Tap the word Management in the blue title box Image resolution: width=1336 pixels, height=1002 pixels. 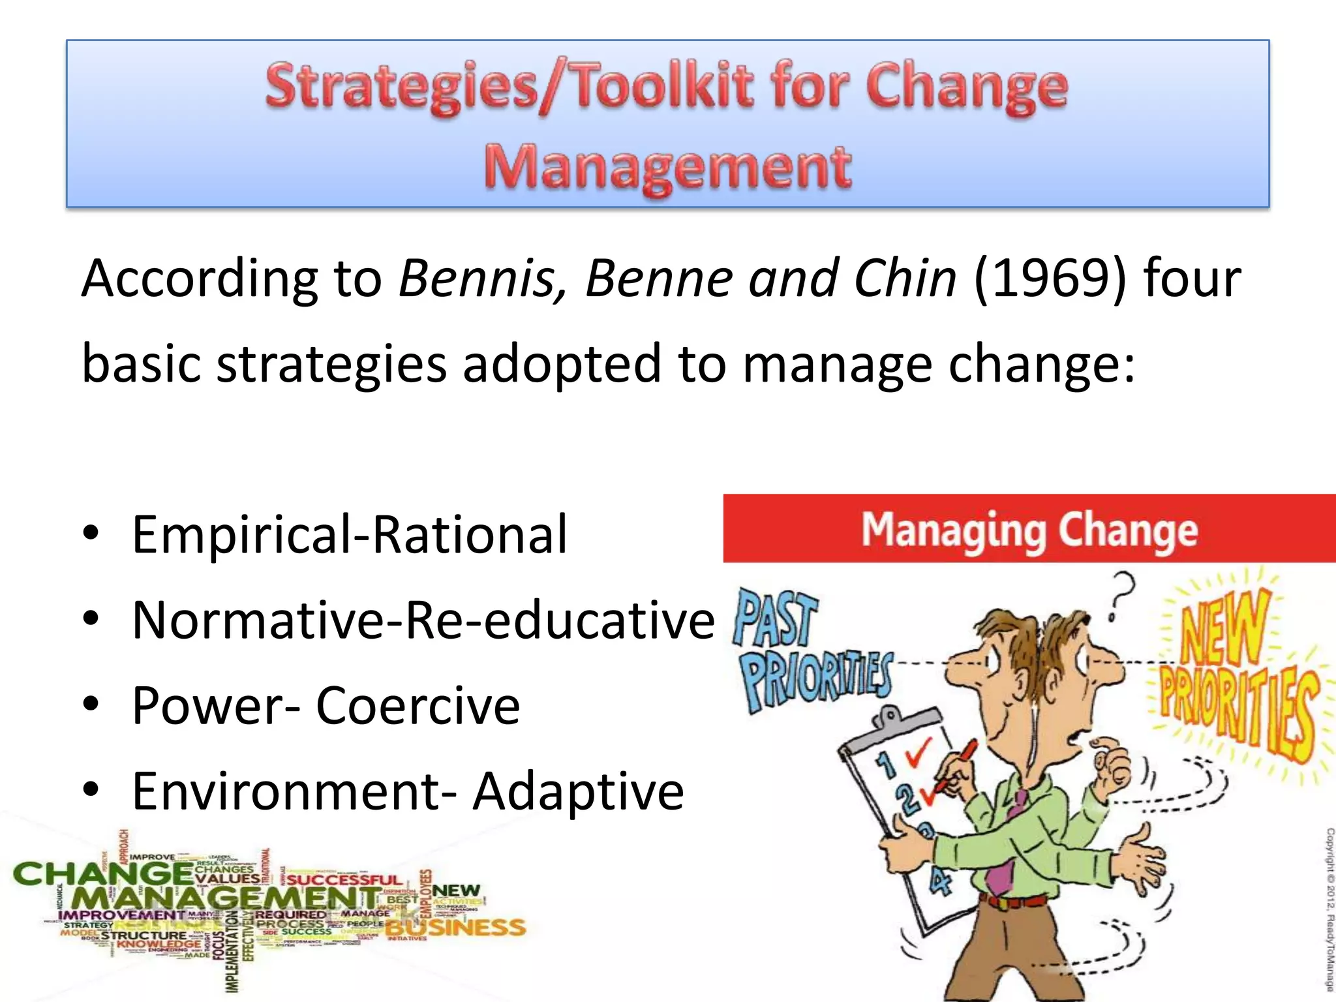667,166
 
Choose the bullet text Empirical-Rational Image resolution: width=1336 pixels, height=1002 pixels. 350,534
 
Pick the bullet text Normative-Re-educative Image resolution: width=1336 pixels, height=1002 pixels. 423,620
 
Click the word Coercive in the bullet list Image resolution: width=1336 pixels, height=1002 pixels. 417,705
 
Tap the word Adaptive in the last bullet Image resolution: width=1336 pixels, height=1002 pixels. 578,791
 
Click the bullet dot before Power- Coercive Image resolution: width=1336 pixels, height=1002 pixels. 91,704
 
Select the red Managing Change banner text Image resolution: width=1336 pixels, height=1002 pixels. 1029,530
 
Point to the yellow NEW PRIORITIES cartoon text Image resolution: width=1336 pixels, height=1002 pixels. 1236,678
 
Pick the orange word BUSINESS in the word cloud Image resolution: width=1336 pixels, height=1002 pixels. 457,927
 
